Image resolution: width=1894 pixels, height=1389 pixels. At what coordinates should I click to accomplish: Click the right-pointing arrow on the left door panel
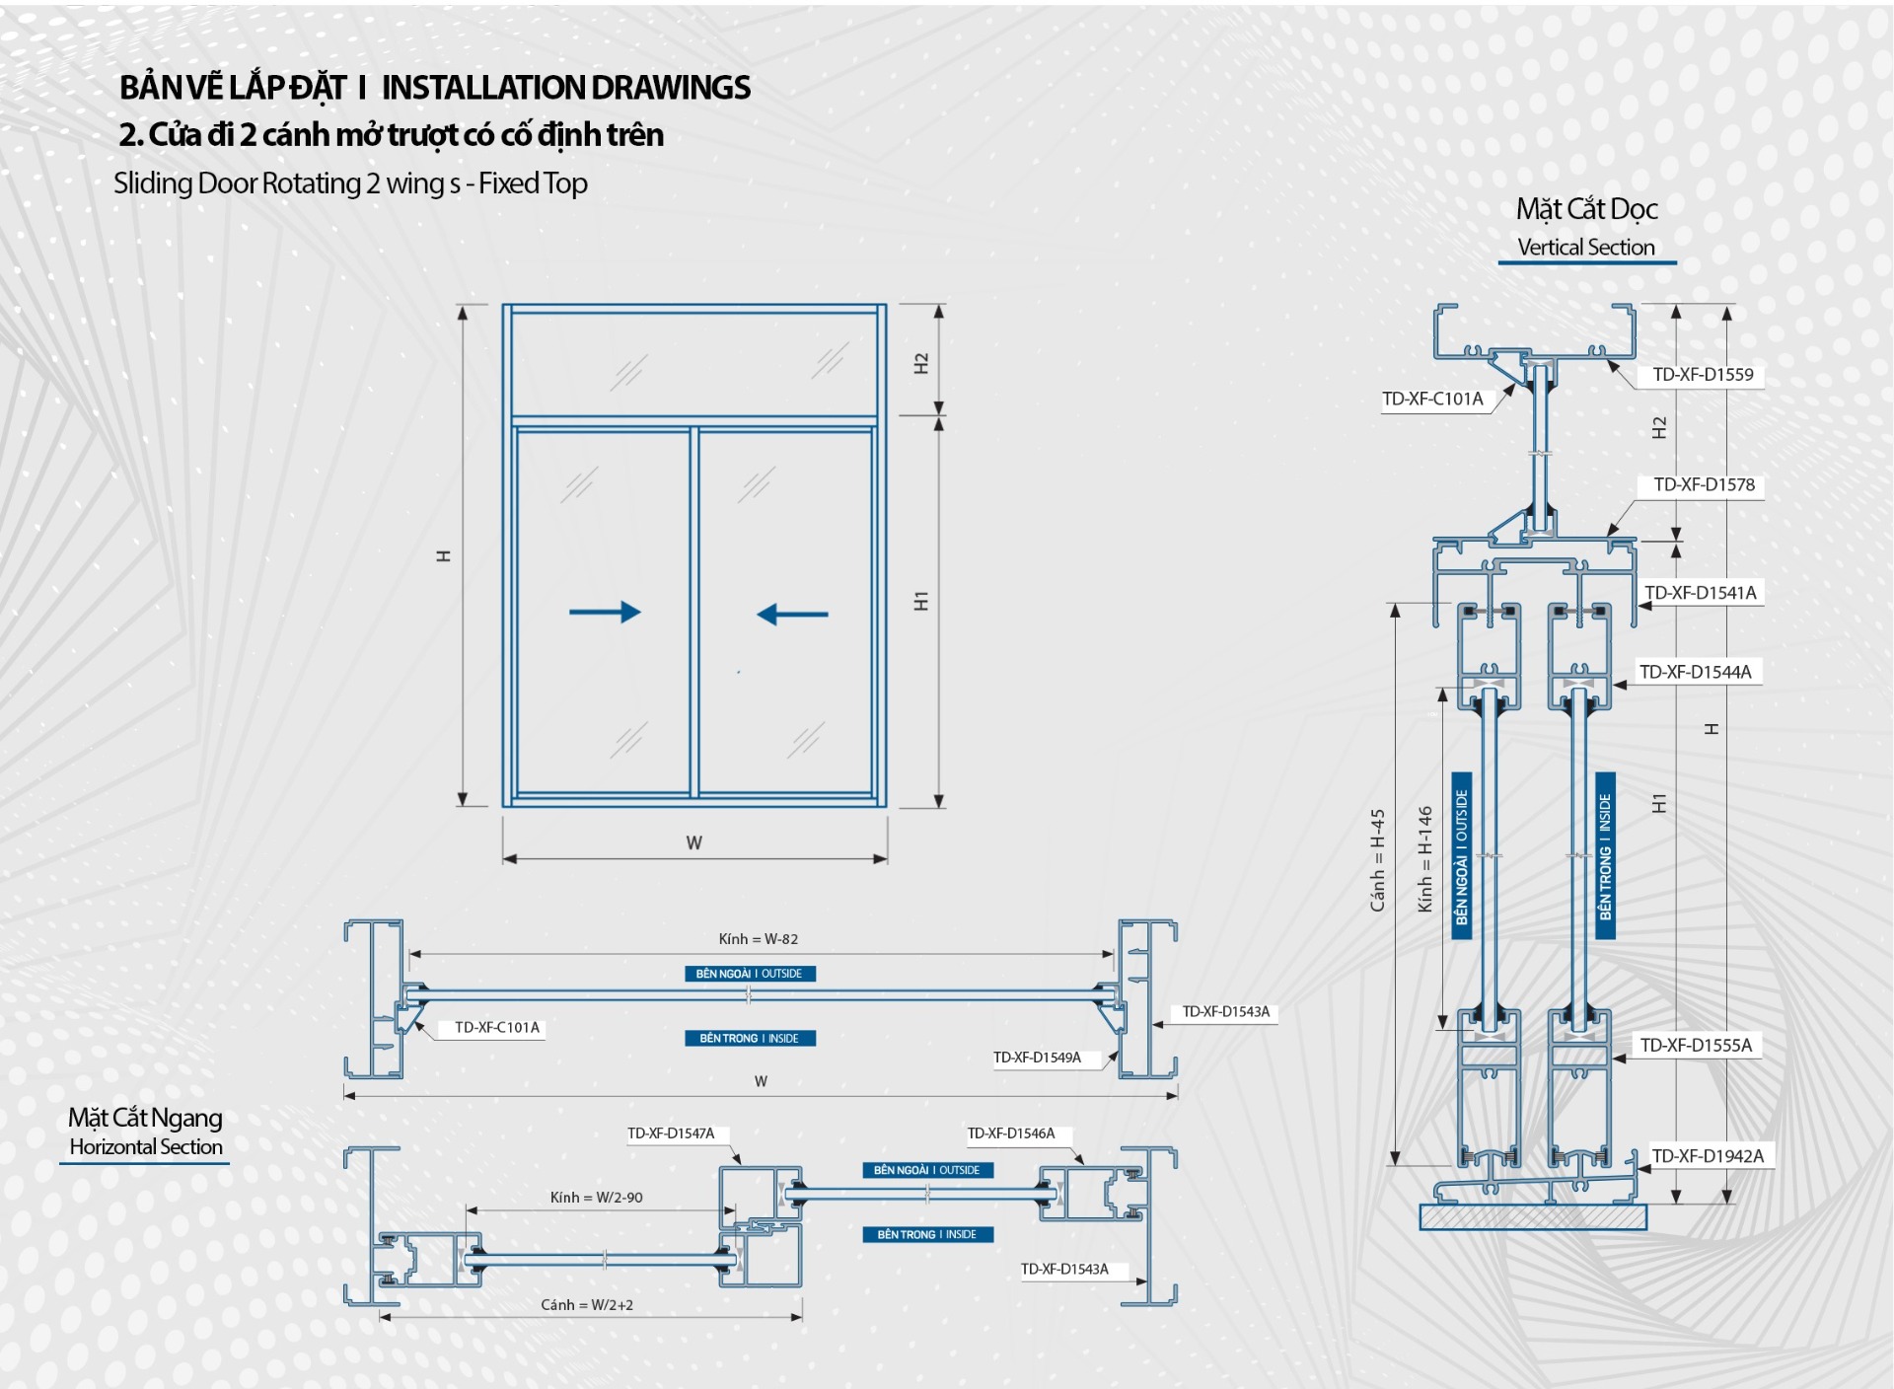point(605,612)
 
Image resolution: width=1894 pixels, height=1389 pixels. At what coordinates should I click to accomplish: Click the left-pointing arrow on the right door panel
point(792,615)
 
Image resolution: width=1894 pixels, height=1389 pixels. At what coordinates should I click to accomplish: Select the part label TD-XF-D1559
point(1703,375)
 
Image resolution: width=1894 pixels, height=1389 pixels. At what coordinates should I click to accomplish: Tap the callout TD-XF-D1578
point(1704,485)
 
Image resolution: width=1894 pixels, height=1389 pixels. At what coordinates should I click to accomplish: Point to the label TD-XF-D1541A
point(1700,593)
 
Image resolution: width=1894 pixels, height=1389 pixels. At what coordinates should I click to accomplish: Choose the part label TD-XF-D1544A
point(1695,673)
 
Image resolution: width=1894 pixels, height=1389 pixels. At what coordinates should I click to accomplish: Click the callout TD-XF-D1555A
point(1696,1046)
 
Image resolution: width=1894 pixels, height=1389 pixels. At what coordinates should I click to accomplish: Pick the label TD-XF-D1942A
point(1708,1156)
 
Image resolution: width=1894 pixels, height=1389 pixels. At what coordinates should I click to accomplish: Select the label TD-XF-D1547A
point(671,1133)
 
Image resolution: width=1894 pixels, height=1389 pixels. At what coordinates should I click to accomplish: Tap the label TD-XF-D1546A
point(1011,1133)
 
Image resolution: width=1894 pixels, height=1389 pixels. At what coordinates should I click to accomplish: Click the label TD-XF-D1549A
point(1037,1058)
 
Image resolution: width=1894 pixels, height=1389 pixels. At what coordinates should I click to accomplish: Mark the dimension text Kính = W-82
point(758,939)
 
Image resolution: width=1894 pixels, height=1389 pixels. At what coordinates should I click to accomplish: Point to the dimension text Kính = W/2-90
point(596,1198)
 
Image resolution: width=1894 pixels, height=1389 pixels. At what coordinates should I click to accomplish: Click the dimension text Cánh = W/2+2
point(587,1305)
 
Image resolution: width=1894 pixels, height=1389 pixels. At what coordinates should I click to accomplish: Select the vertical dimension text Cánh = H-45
point(1378,860)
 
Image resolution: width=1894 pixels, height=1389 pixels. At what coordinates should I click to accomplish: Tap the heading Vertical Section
point(1586,248)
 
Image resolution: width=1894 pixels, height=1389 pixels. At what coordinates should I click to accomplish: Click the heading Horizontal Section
point(146,1147)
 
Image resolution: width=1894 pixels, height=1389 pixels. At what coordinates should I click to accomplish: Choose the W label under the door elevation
point(694,843)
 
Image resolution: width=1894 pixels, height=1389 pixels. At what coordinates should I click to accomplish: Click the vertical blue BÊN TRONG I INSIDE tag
point(1605,856)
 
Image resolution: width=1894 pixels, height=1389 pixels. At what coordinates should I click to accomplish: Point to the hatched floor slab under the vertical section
point(1533,1217)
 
